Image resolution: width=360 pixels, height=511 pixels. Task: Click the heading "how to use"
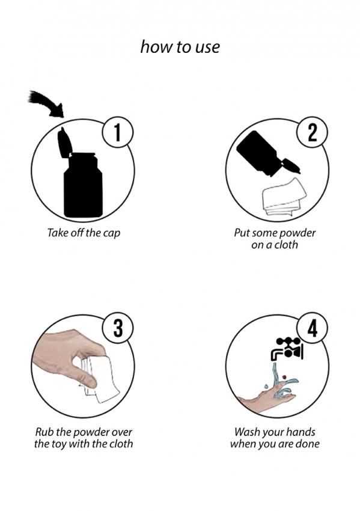180,47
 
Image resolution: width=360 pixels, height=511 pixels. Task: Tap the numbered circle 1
118,133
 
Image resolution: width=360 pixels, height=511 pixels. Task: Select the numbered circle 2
312,133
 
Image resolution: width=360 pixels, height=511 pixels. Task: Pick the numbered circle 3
118,328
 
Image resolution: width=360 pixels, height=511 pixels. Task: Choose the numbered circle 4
312,328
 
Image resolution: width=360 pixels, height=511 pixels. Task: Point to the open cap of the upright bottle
64,142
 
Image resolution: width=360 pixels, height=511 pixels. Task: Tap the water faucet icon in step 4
287,348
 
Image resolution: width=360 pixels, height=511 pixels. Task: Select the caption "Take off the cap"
84,233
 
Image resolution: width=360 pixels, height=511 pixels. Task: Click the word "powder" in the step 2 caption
297,233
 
